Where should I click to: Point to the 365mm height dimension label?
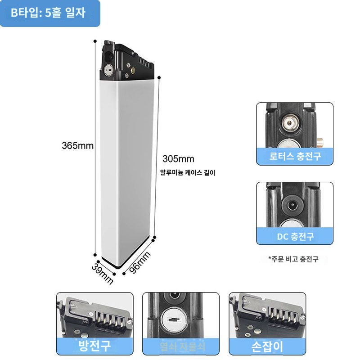click(x=77, y=146)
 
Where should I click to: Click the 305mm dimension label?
click(x=178, y=159)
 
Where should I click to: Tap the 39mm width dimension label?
click(x=103, y=273)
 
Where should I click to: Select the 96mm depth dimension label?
click(x=140, y=262)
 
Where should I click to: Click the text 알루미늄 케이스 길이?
click(x=188, y=172)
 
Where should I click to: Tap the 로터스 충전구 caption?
click(x=295, y=157)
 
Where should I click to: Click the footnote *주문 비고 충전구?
click(x=293, y=259)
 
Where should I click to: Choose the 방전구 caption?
click(x=94, y=346)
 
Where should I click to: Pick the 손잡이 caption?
click(x=267, y=346)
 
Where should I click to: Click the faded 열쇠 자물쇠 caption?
click(x=181, y=346)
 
